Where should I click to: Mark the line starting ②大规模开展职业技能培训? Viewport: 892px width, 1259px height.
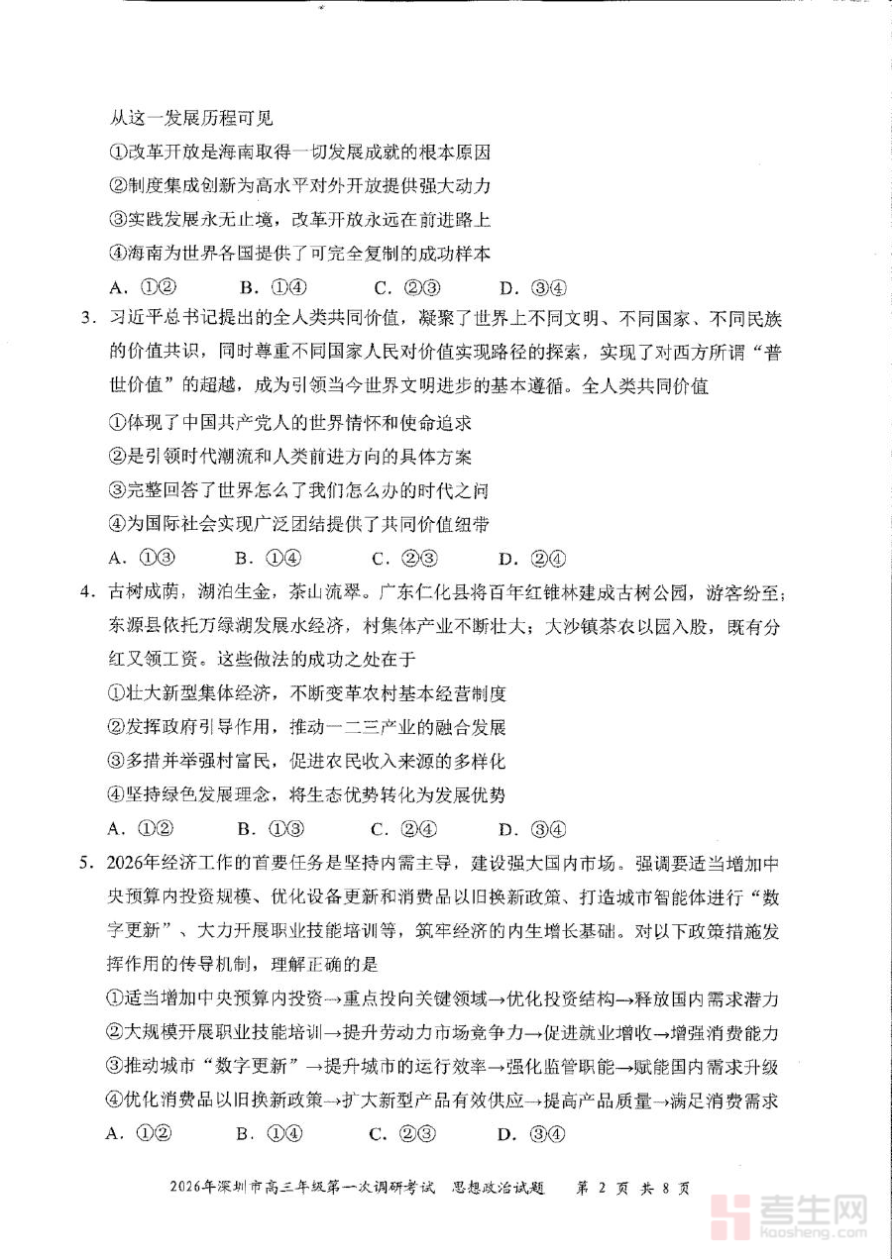click(442, 1033)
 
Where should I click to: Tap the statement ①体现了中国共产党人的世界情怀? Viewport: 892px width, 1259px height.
click(287, 422)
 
